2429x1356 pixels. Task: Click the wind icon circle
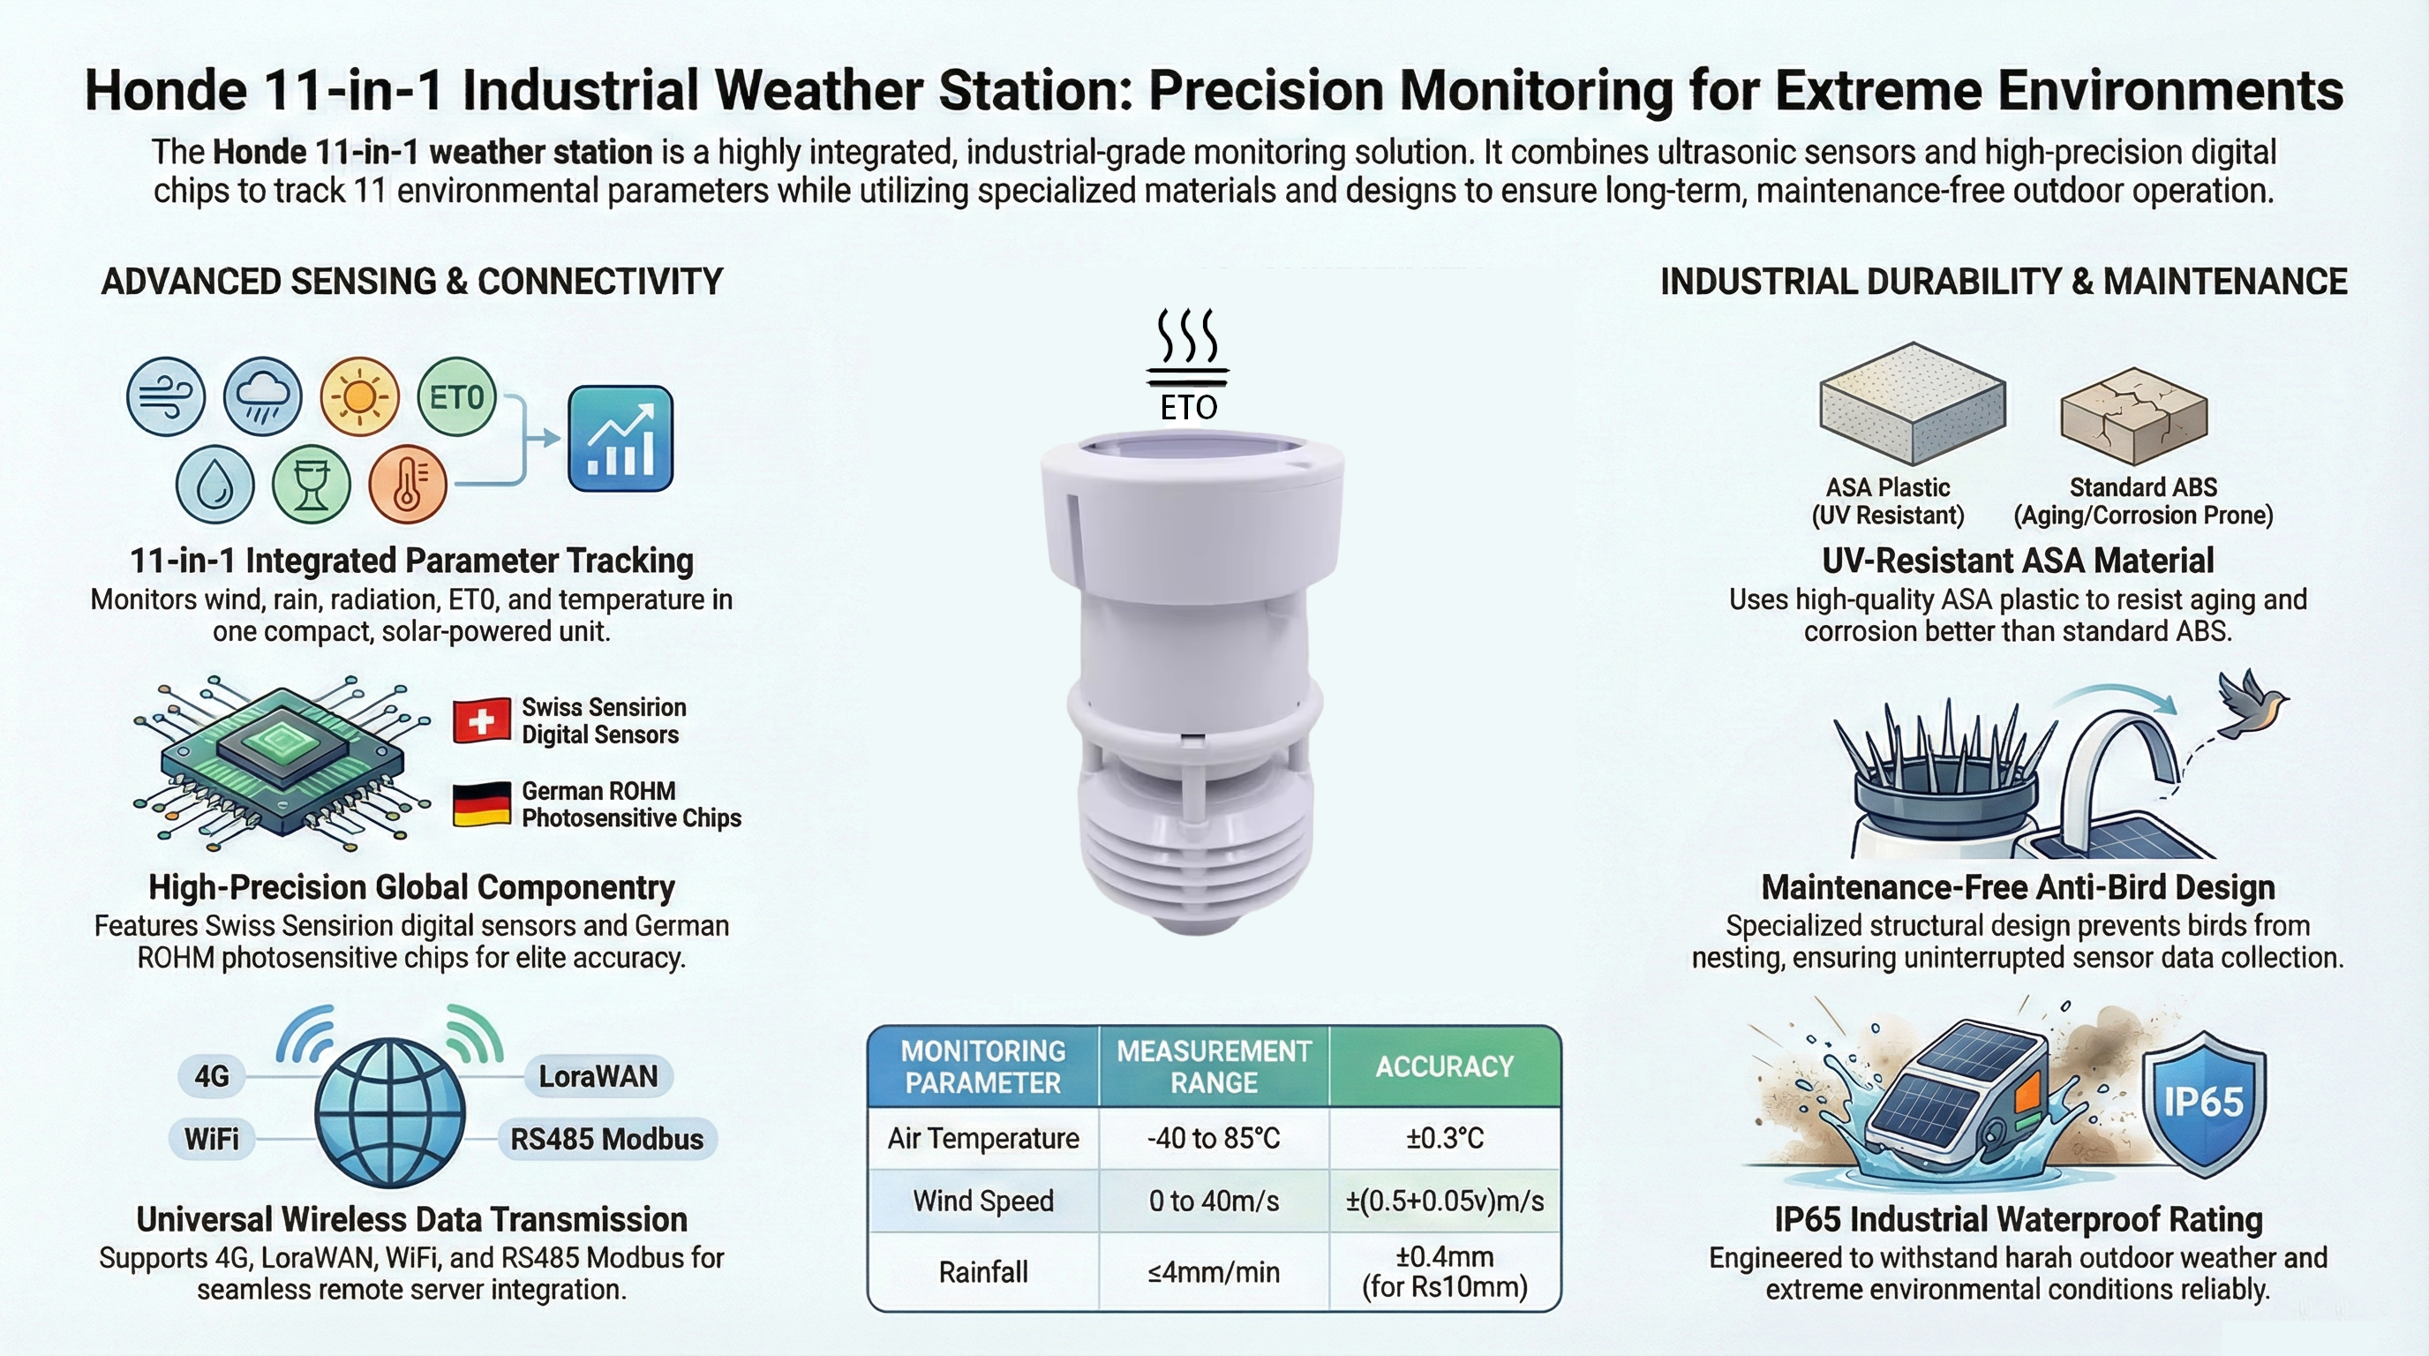166,396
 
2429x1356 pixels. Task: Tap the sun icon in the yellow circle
360,396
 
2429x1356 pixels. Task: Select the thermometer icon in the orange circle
408,484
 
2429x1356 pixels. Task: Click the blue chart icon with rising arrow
620,439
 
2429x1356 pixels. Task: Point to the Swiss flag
482,721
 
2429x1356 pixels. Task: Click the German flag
482,804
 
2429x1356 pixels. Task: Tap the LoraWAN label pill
598,1076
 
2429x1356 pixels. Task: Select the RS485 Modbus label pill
607,1139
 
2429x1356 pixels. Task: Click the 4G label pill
212,1076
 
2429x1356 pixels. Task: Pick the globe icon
389,1112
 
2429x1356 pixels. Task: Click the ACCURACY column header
1445,1066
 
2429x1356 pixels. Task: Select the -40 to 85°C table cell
1214,1138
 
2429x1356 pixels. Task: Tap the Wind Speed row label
983,1201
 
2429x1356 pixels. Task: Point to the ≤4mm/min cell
1214,1272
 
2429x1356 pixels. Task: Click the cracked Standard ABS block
2134,415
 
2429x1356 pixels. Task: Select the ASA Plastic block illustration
1913,403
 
